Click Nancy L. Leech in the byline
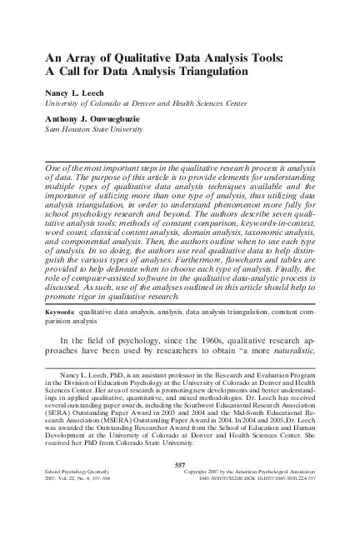pos(77,93)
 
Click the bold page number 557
pos(179,486)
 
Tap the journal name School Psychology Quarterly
pos(79,494)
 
